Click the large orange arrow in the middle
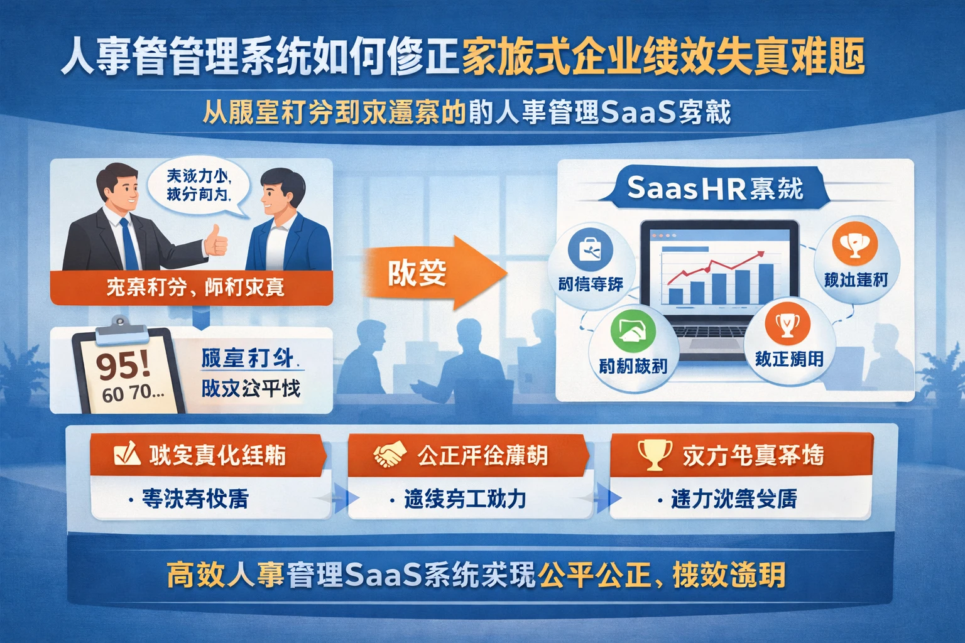pyautogui.click(x=433, y=273)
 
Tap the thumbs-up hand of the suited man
pyautogui.click(x=215, y=240)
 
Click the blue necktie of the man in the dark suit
pyautogui.click(x=129, y=244)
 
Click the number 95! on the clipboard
pyautogui.click(x=123, y=365)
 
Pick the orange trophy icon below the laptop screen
pyautogui.click(x=787, y=325)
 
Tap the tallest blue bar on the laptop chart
pyautogui.click(x=766, y=283)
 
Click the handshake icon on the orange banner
pyautogui.click(x=389, y=455)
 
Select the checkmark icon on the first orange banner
pyautogui.click(x=127, y=453)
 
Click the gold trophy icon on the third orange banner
pyautogui.click(x=654, y=453)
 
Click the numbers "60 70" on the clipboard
pyautogui.click(x=133, y=394)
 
